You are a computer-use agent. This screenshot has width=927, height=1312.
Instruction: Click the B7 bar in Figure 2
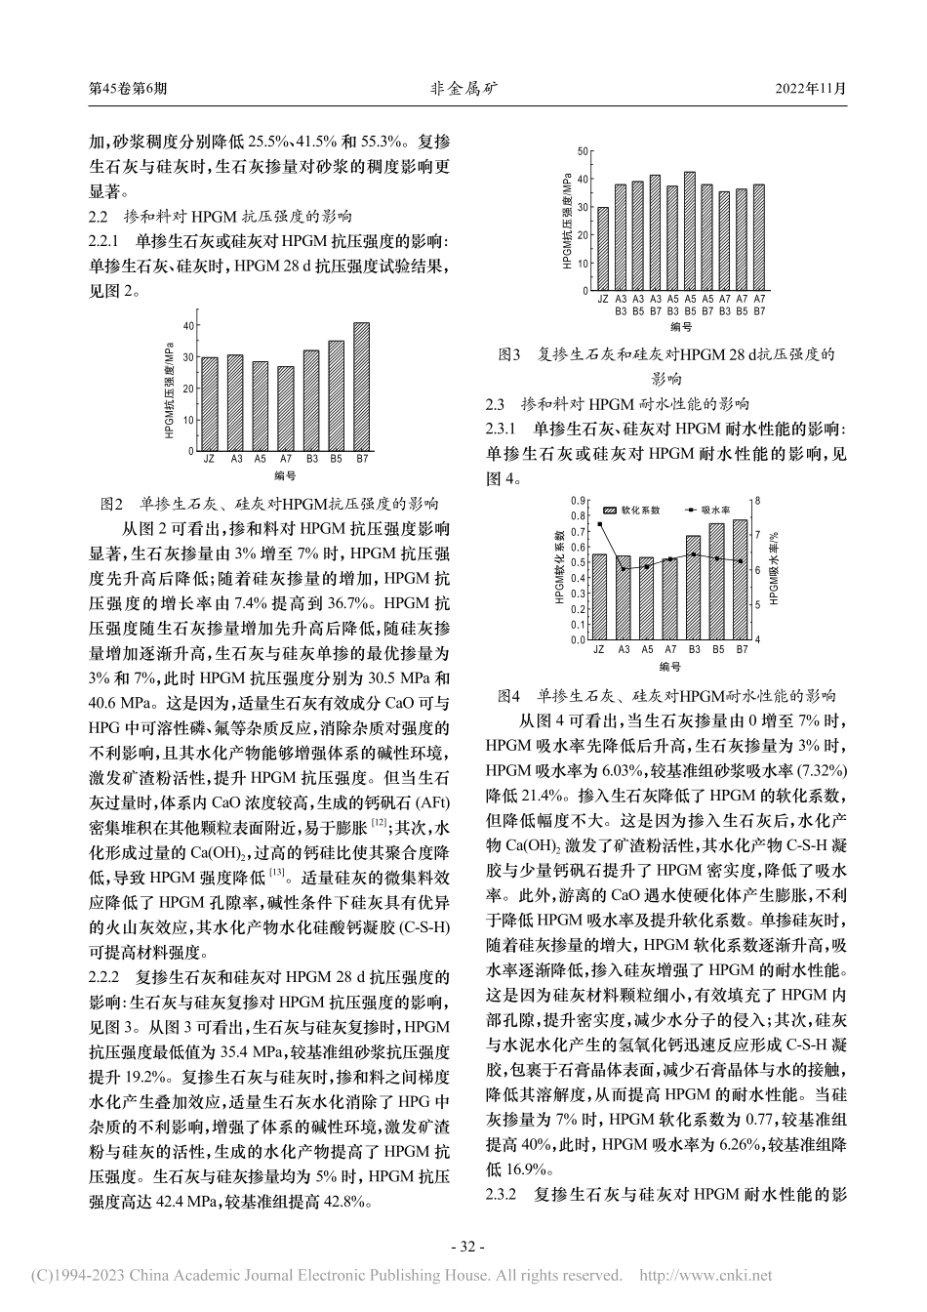362,386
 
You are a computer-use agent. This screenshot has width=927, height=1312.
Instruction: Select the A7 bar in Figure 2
285,408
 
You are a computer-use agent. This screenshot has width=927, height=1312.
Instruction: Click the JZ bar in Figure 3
602,249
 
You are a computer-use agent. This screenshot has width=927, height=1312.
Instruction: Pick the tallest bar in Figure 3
690,231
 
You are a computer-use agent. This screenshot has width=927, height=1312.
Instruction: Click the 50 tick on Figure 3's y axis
582,151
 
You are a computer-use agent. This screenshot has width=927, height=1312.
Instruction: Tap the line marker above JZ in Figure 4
599,524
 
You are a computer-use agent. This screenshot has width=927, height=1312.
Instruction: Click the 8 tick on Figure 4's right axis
756,500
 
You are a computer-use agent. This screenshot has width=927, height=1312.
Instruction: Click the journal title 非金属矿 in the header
463,88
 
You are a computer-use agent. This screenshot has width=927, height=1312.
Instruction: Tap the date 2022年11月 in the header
810,88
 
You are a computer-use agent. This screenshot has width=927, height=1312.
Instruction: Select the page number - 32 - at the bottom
463,1247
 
